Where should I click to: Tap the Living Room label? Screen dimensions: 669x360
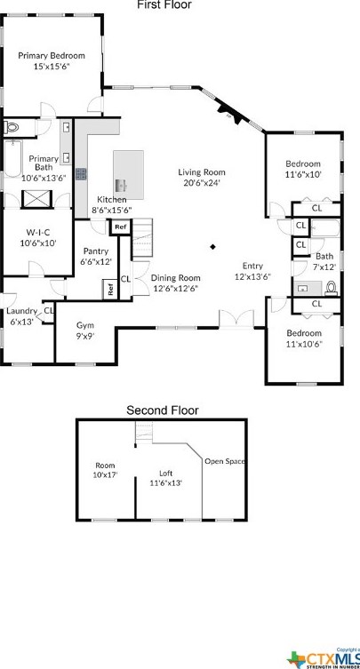pos(201,178)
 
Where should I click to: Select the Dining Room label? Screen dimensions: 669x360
pos(175,283)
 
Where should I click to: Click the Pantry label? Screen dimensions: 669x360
pos(95,257)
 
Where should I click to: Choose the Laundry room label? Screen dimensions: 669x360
pos(21,315)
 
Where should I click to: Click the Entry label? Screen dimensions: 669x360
pos(252,271)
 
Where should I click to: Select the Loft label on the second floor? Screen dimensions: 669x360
pos(165,478)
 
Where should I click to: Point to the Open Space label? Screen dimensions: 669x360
pos(225,462)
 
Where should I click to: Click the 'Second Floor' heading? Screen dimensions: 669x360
pos(162,410)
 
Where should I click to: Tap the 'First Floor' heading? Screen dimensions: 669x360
pos(164,5)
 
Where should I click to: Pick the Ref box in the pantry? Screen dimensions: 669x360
pos(110,289)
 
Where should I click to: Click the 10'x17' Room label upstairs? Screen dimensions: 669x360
pos(106,470)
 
